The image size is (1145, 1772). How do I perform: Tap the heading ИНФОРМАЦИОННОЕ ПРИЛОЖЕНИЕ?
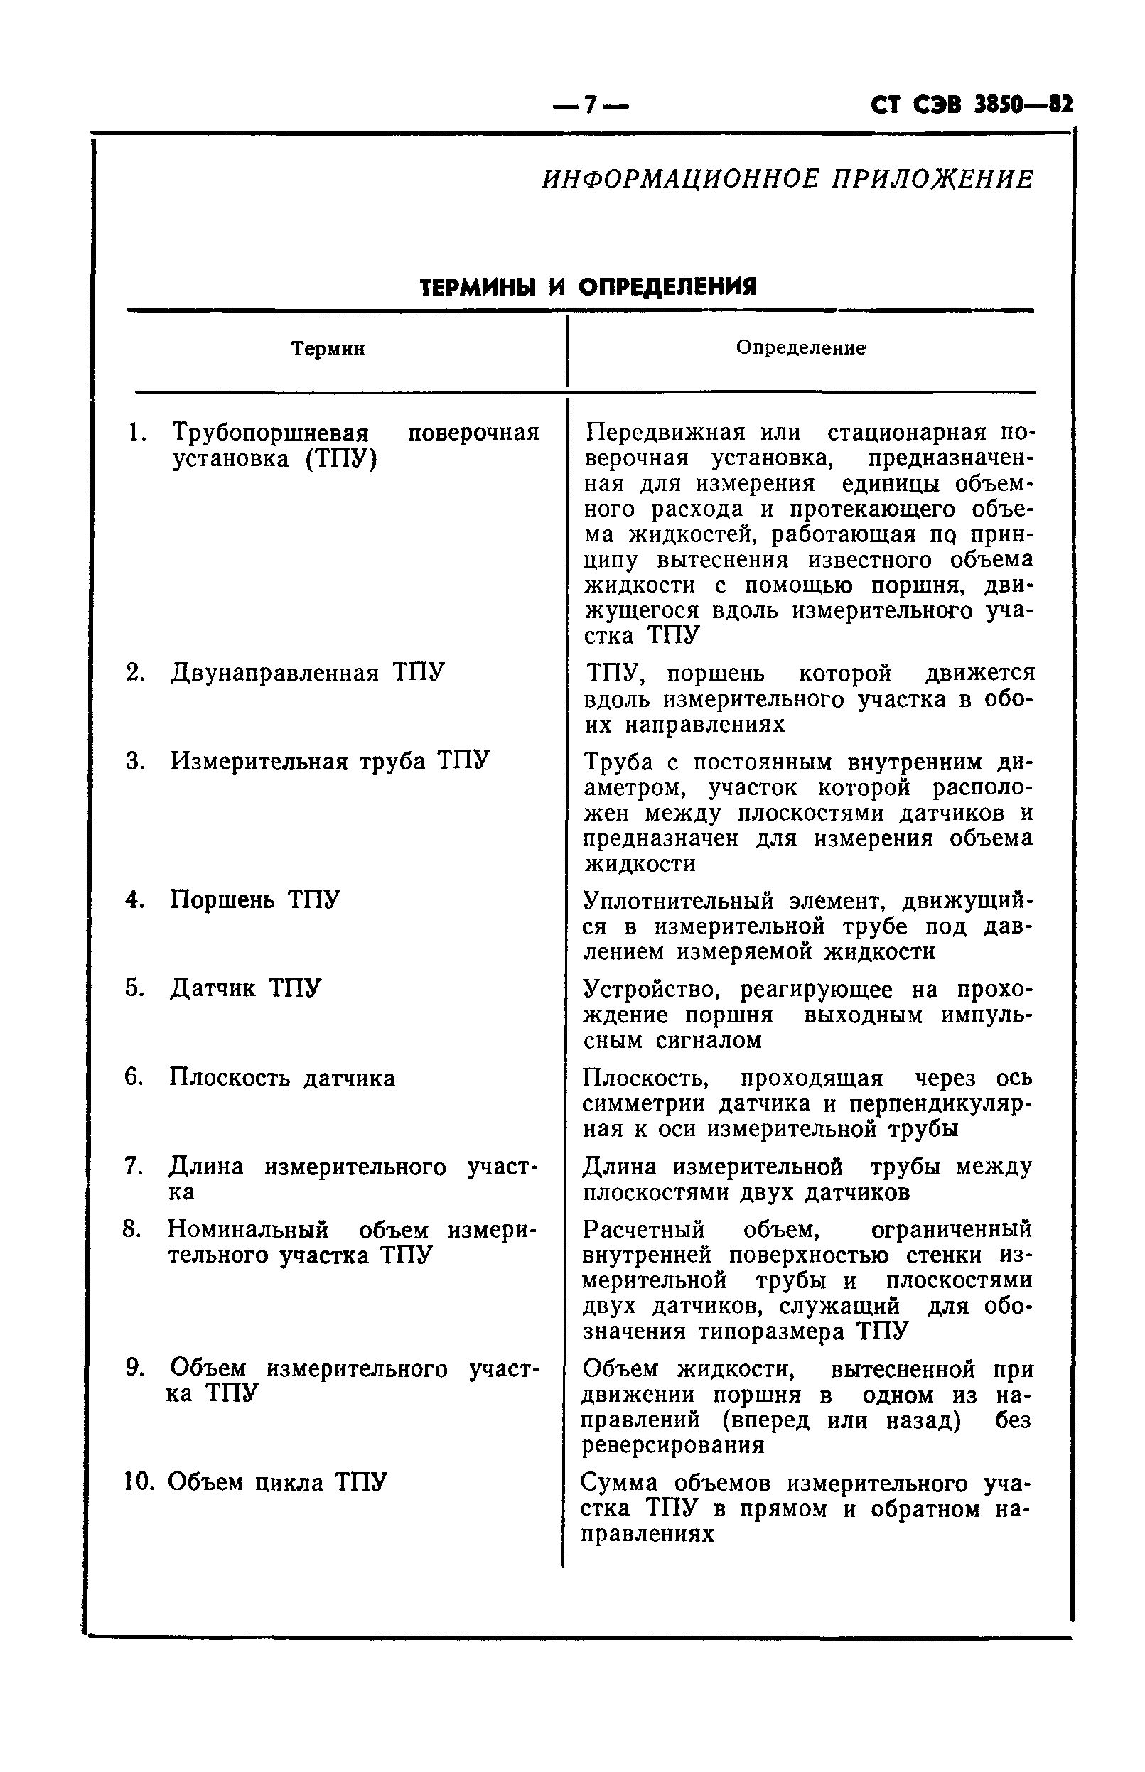(x=787, y=180)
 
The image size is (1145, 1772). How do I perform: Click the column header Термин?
(x=328, y=349)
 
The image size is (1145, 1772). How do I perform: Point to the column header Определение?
(x=801, y=348)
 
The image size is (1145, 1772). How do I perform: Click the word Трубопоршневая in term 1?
(x=271, y=433)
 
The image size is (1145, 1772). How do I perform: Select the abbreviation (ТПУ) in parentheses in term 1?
(x=341, y=458)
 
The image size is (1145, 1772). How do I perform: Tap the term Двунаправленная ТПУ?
(x=307, y=673)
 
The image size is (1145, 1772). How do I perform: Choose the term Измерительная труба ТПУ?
(x=329, y=761)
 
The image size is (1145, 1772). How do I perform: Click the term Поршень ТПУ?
(x=255, y=900)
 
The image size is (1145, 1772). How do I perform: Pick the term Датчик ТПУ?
(x=245, y=988)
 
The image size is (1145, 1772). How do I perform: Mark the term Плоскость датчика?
(x=281, y=1077)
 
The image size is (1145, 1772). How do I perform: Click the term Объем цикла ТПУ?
(x=276, y=1482)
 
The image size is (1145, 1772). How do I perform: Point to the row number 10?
(x=138, y=1482)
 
